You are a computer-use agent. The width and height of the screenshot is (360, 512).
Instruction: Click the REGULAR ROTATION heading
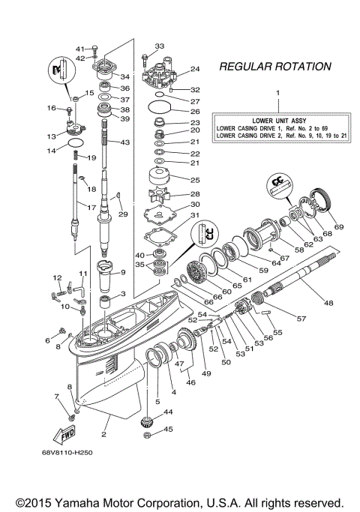(x=274, y=67)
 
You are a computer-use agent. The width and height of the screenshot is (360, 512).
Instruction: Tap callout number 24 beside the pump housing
(x=195, y=69)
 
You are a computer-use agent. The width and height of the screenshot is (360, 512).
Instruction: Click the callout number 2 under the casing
(x=104, y=433)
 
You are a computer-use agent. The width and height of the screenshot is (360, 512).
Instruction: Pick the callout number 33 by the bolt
(x=158, y=46)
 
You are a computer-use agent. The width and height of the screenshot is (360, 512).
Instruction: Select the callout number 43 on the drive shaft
(x=124, y=142)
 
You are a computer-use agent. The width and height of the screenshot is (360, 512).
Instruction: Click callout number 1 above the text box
(x=277, y=93)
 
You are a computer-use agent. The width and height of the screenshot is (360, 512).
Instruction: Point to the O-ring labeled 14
(x=76, y=142)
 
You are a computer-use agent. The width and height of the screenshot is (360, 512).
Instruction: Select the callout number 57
(x=280, y=319)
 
